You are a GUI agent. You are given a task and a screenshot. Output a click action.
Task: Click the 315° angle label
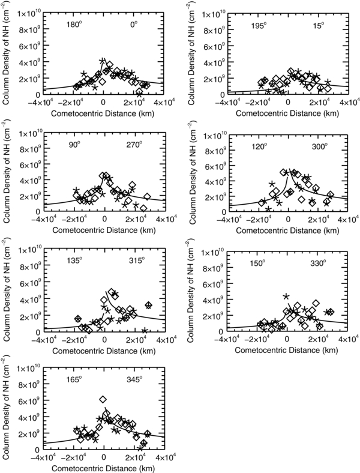pos(135,261)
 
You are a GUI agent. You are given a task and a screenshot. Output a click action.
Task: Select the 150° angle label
pos(256,263)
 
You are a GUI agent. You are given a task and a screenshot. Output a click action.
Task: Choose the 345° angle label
pos(135,379)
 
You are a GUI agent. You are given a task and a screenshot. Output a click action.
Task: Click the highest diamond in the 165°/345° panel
pos(103,399)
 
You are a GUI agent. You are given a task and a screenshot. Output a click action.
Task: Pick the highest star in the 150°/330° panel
pos(286,296)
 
